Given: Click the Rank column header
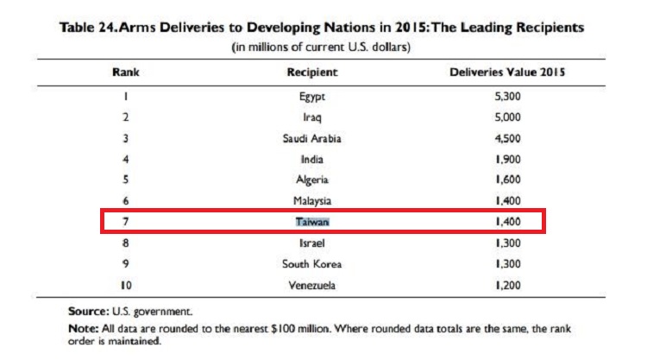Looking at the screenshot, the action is [x=125, y=73].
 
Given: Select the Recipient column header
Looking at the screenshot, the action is [x=312, y=73].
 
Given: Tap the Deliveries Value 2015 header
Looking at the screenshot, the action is [x=507, y=73].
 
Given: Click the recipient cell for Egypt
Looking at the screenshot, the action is [x=312, y=97].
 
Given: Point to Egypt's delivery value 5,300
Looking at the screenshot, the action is [x=507, y=96].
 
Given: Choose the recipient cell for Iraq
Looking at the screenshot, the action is [x=312, y=117].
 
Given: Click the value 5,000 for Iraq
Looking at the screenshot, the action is [x=507, y=117].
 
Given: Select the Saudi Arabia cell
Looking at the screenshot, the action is [x=312, y=138].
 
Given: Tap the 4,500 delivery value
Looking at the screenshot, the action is [x=507, y=138].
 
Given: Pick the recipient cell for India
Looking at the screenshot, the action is [x=312, y=160].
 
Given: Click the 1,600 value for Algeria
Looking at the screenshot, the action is [x=507, y=180].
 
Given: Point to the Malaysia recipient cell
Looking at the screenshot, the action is [x=312, y=201].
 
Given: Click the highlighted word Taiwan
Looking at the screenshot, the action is [x=312, y=222].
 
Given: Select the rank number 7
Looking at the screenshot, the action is [x=125, y=222].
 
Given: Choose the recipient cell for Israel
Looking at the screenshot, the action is [x=312, y=243].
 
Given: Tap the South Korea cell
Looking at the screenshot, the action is [x=312, y=264].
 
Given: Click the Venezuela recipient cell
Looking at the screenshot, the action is [x=312, y=285].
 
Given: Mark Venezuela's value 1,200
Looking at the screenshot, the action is [x=507, y=285].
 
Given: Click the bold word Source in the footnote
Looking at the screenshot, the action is [x=89, y=312].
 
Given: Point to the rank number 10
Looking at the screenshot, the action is [x=126, y=285].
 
